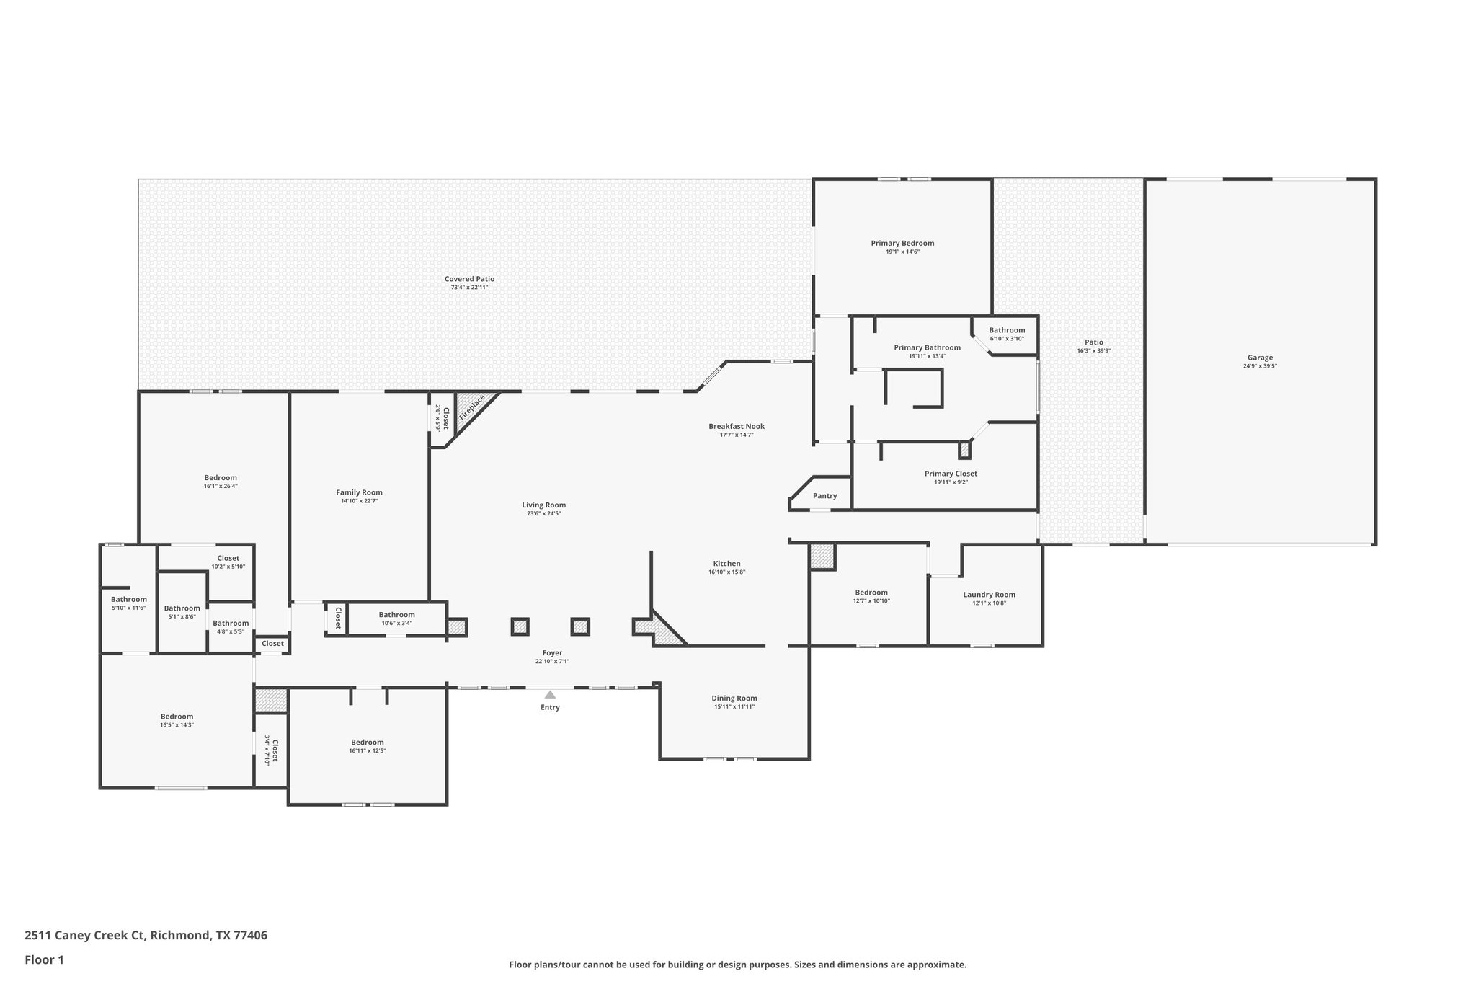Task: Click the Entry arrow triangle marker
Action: click(550, 695)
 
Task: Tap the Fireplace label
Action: click(473, 407)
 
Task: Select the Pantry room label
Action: click(824, 496)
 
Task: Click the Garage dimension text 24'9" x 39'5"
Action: click(1260, 366)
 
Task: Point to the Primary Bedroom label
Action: click(902, 244)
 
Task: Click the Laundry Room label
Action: click(989, 595)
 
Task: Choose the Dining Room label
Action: click(734, 698)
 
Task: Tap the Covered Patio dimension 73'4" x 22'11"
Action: click(469, 288)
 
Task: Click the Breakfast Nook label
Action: click(736, 426)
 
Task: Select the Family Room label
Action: click(359, 492)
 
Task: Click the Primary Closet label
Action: click(951, 474)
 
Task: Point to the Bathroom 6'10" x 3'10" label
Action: click(1006, 330)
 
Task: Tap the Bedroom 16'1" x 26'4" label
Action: click(220, 477)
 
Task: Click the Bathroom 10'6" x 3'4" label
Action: click(396, 615)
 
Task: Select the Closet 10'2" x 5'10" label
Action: click(228, 558)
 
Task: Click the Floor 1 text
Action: click(44, 959)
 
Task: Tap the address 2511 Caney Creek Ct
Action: click(85, 935)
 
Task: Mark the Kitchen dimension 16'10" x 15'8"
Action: click(726, 572)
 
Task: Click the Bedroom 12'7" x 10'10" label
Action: click(871, 593)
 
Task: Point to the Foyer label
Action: click(552, 653)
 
